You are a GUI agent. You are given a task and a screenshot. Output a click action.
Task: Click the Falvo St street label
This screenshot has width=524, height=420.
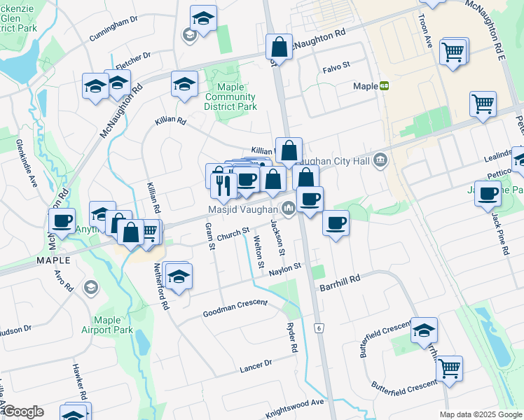pos(336,69)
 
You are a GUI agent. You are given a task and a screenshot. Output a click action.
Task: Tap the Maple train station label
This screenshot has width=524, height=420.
pos(365,86)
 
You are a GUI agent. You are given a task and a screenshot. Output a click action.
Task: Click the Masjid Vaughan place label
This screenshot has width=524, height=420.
pos(244,209)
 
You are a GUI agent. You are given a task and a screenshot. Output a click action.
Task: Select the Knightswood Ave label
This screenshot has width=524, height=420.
pos(298,402)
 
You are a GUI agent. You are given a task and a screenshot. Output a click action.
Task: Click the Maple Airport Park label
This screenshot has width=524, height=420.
pos(107,325)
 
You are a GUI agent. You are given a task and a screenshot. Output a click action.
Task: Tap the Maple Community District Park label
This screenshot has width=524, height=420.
pos(230,97)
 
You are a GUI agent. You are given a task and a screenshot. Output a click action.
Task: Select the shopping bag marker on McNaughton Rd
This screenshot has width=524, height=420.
pos(279,48)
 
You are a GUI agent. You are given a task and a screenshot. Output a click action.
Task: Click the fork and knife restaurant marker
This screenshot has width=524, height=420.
pos(223,185)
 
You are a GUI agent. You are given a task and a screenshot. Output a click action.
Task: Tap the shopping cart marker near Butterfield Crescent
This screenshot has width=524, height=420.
pos(448,368)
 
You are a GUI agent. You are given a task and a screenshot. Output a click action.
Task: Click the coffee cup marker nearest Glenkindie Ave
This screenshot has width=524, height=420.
pos(62,221)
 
